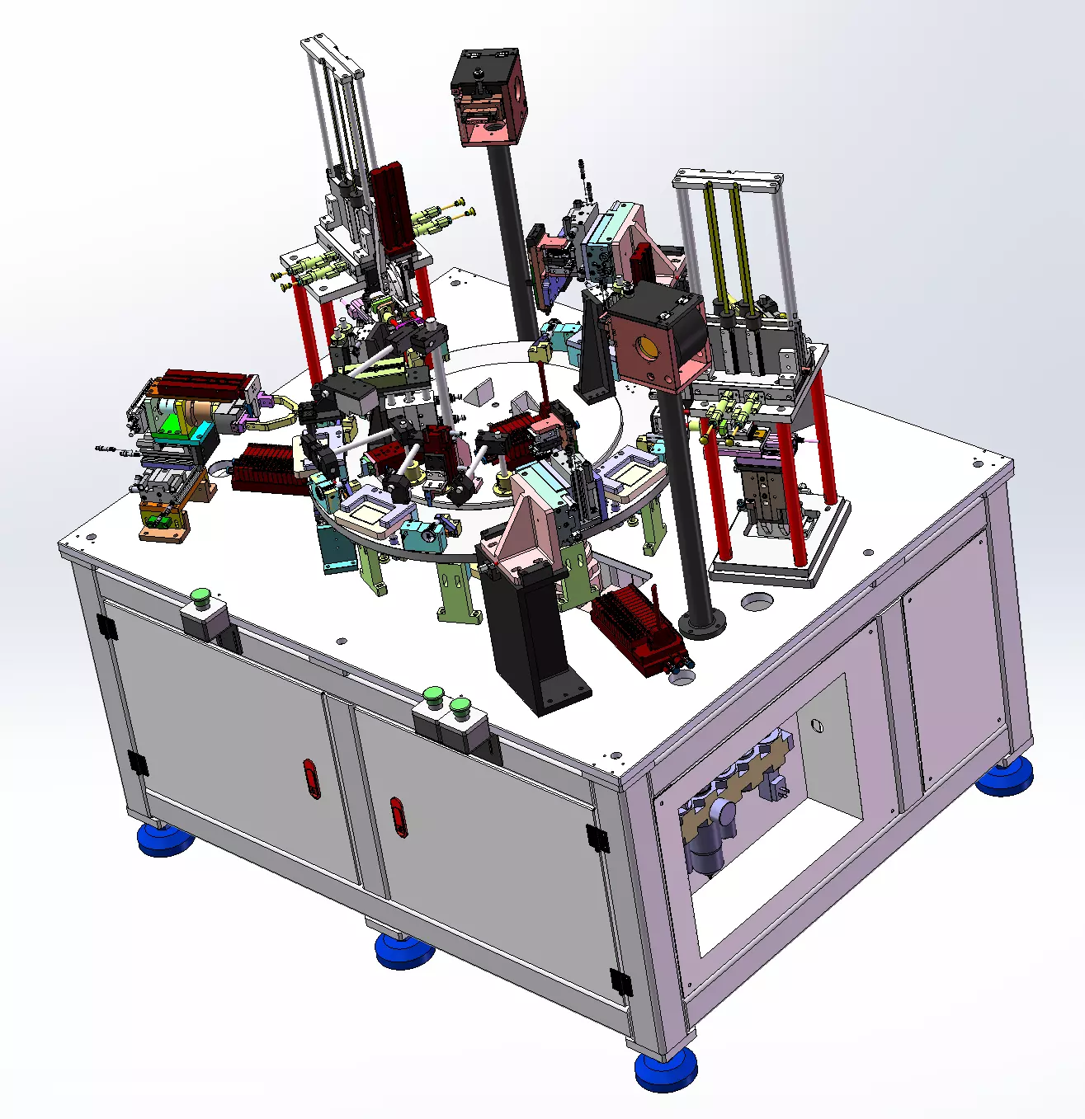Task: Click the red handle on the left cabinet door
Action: tap(311, 778)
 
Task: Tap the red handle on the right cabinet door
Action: tap(399, 816)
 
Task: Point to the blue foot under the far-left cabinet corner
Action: tap(164, 839)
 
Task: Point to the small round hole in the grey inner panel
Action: tap(816, 726)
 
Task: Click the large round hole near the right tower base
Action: tap(758, 601)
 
